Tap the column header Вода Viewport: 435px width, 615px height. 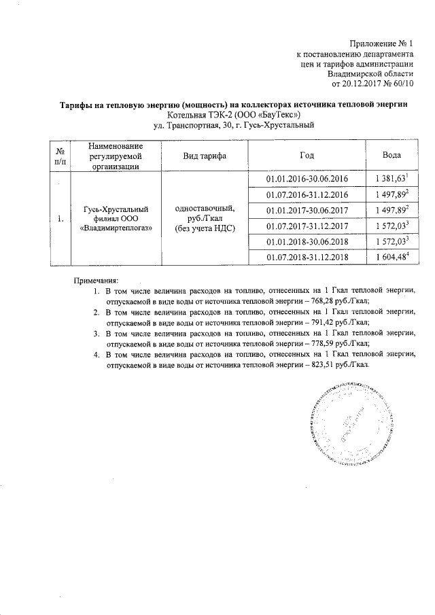click(391, 156)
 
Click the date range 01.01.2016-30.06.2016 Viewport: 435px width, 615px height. click(307, 178)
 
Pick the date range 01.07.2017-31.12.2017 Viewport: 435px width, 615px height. click(307, 226)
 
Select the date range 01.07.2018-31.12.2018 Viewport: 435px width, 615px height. click(307, 257)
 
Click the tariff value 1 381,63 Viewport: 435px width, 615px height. click(388, 178)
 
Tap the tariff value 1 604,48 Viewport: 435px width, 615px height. click(388, 257)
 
